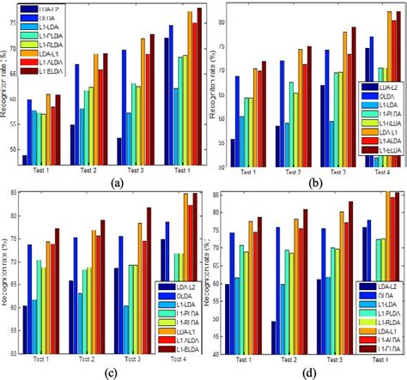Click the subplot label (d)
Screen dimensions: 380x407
tap(310, 371)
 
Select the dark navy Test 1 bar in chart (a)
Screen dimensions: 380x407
tap(27, 158)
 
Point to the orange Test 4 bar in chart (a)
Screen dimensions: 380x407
tap(191, 87)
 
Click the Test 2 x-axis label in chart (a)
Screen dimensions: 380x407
tap(88, 171)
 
